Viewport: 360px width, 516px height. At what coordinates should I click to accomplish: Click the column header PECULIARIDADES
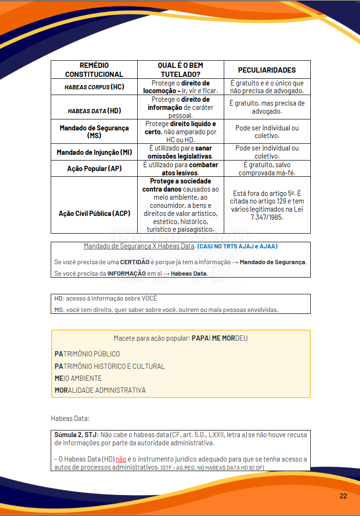click(x=267, y=70)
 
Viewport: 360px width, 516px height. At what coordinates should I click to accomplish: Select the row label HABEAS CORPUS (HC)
click(x=94, y=87)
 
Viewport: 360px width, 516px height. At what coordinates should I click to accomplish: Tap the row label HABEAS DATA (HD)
click(x=94, y=111)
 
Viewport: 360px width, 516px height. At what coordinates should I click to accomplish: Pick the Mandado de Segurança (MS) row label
click(x=94, y=132)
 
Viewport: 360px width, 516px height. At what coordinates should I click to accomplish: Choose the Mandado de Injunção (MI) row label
click(x=94, y=152)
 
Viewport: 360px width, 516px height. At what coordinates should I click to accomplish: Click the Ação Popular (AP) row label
click(x=94, y=169)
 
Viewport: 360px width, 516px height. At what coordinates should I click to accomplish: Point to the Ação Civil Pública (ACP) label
click(x=94, y=214)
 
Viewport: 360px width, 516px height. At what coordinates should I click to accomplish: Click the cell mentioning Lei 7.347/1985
click(x=267, y=205)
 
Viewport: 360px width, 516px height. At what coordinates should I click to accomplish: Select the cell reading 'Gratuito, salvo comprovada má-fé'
click(x=267, y=169)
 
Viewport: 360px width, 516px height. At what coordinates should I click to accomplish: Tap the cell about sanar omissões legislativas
click(x=180, y=152)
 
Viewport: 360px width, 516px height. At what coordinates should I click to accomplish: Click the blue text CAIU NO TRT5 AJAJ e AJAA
click(x=237, y=247)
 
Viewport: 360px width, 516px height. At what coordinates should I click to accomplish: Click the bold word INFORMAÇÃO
click(x=126, y=274)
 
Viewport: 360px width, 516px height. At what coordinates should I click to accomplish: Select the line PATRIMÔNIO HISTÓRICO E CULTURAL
click(x=109, y=366)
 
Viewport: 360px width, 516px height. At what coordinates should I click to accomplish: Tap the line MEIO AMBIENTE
click(x=78, y=378)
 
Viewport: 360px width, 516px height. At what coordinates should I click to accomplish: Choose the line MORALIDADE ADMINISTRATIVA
click(x=100, y=390)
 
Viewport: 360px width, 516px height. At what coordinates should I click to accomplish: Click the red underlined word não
click(x=121, y=459)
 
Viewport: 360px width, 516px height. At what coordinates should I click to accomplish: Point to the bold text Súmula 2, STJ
click(x=76, y=435)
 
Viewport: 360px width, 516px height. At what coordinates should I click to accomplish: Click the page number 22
click(x=343, y=496)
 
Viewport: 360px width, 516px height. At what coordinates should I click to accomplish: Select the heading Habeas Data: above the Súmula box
click(x=70, y=419)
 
